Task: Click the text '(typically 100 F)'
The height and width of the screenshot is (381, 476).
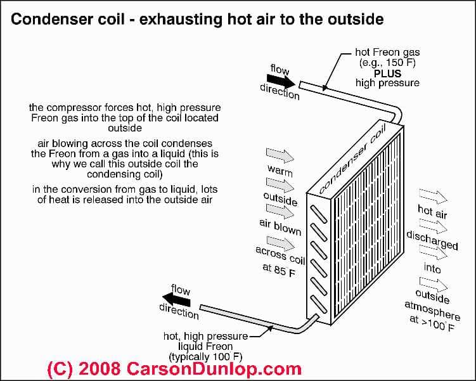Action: coord(210,356)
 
